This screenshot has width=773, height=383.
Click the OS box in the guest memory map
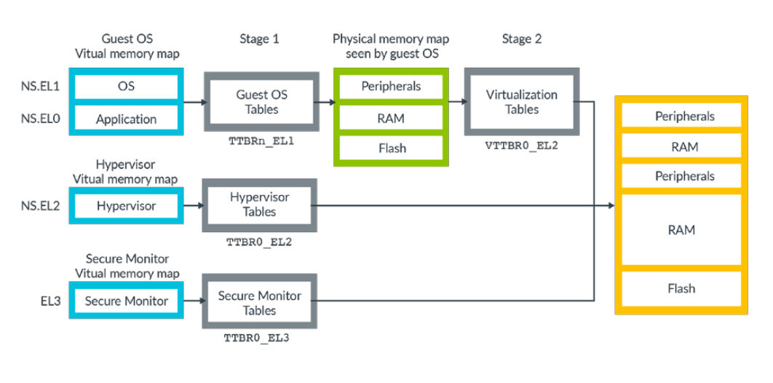pyautogui.click(x=126, y=86)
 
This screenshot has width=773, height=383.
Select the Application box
pyautogui.click(x=126, y=119)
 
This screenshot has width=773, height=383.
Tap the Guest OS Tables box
pyautogui.click(x=261, y=102)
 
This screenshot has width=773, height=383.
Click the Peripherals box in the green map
pyautogui.click(x=391, y=86)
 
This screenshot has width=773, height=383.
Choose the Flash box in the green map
pyautogui.click(x=391, y=149)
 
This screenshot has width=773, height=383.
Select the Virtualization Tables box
pyautogui.click(x=521, y=102)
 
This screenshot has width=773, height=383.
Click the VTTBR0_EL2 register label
pyautogui.click(x=521, y=145)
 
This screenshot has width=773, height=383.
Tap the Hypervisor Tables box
pyautogui.click(x=259, y=205)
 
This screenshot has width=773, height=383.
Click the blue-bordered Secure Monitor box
pyautogui.click(x=126, y=301)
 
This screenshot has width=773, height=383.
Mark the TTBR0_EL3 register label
pyautogui.click(x=259, y=338)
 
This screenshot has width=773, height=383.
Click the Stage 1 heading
pyautogui.click(x=259, y=39)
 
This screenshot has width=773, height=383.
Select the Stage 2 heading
pyautogui.click(x=521, y=39)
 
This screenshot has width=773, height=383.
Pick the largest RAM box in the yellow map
pyautogui.click(x=681, y=230)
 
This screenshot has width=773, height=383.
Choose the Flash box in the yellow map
pyautogui.click(x=681, y=288)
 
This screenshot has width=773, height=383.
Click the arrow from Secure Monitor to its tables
pyautogui.click(x=191, y=301)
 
